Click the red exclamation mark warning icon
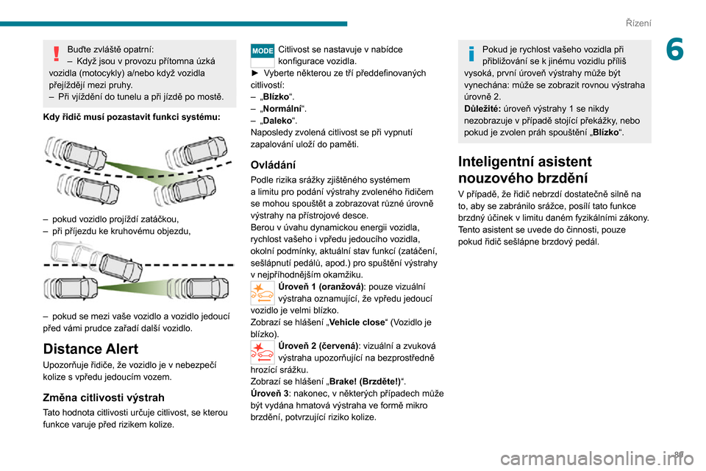coord(57,53)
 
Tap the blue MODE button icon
coord(263,51)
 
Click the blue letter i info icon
coord(471,53)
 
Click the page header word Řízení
coord(638,23)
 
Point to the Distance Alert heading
coord(90,349)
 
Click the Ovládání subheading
coord(273,165)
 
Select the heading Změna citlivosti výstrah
coord(104,397)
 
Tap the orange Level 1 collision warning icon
coord(263,293)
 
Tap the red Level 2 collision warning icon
coord(263,352)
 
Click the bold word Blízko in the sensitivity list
coord(276,97)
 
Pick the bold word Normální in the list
coord(282,109)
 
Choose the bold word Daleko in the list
coord(277,121)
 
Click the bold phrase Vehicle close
coord(357,322)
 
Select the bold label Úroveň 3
coord(270,394)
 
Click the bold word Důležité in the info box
coord(482,109)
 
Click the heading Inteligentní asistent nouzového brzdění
coord(525,169)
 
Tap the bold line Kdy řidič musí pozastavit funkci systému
coord(132,117)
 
